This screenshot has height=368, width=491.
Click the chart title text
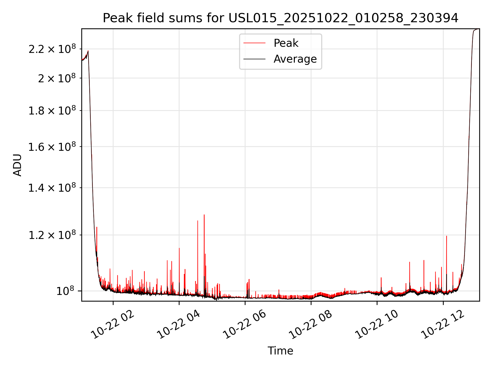(x=280, y=18)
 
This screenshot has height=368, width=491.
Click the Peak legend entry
(x=286, y=43)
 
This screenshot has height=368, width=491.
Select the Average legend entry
(x=295, y=59)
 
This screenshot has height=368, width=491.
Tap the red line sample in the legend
(x=254, y=43)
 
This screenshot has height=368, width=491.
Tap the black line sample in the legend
(x=254, y=59)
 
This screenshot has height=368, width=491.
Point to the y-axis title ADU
(x=17, y=165)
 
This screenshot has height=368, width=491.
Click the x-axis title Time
(x=280, y=351)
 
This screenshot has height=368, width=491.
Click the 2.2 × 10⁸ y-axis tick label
(x=52, y=49)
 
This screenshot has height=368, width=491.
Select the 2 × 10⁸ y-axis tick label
(x=57, y=78)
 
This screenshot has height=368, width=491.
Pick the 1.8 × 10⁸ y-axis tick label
(x=52, y=111)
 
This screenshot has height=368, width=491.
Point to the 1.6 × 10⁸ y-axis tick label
(x=52, y=147)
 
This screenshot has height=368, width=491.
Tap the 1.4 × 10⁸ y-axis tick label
(x=52, y=188)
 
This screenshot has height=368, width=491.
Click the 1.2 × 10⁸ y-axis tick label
(x=52, y=235)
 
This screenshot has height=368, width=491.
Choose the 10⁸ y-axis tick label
(x=65, y=291)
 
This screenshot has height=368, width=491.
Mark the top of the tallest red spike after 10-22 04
(x=204, y=215)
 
